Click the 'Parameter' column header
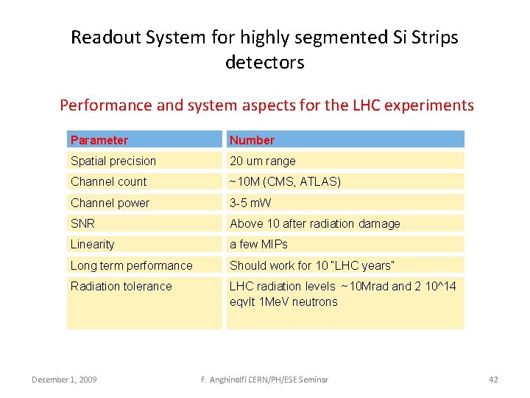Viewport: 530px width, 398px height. coord(99,140)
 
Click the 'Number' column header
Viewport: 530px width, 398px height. coord(252,140)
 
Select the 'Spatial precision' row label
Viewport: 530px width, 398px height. coord(113,161)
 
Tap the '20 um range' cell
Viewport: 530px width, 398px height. coord(262,161)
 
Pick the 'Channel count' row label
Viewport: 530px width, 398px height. coord(108,181)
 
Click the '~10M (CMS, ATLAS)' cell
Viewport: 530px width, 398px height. coord(285,181)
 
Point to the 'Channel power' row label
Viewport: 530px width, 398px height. coord(110,203)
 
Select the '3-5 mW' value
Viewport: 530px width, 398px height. coord(250,203)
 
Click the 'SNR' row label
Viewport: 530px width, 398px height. coord(82,223)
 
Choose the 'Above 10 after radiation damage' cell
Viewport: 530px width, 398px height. coord(315,223)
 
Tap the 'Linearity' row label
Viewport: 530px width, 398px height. coord(93,244)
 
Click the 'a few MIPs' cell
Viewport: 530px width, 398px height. coord(258,244)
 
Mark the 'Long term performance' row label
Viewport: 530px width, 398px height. coord(131,265)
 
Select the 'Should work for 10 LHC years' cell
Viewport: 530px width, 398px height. coord(312,265)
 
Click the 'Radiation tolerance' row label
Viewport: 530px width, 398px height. coord(121,286)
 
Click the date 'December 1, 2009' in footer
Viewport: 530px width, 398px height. coord(65,380)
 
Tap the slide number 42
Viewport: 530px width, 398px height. coord(493,380)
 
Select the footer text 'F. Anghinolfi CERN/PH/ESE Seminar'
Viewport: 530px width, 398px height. coord(264,380)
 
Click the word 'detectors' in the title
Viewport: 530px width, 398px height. coord(264,63)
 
